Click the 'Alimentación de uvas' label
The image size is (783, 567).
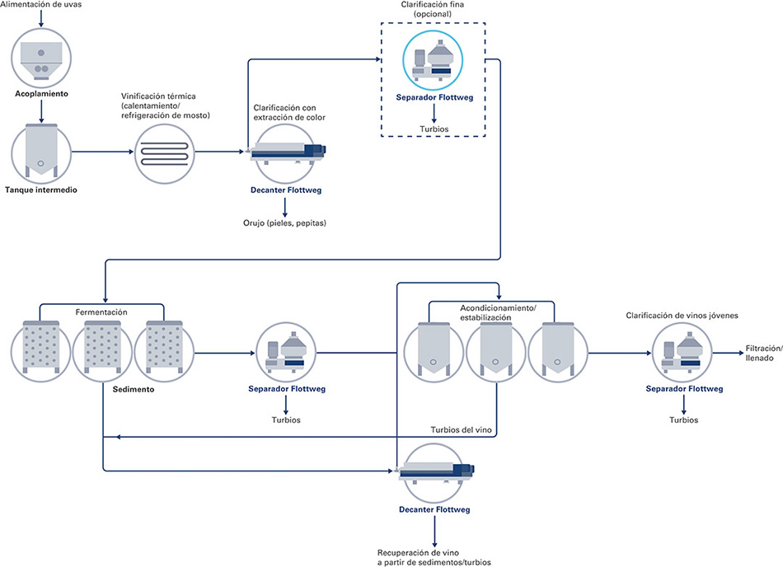click(x=40, y=5)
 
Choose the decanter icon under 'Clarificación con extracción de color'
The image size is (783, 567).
click(x=285, y=153)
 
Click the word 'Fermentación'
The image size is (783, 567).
click(x=101, y=312)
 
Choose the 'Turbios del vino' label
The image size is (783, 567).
click(x=462, y=430)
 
